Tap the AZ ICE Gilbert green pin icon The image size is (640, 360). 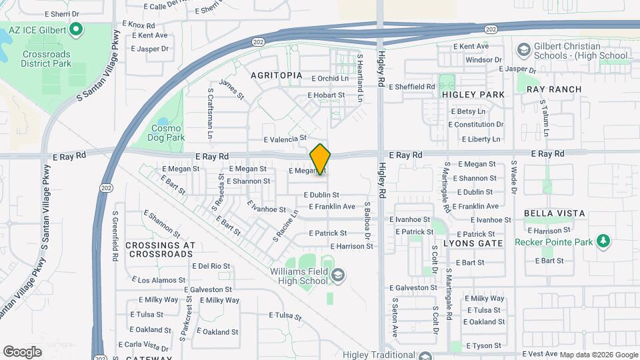tap(76, 30)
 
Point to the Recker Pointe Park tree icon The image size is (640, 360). tap(604, 240)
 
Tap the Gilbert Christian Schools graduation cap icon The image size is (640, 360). tap(524, 51)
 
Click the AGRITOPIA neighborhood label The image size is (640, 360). tap(276, 76)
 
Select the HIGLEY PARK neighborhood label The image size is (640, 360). tap(473, 95)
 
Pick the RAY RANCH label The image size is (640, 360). tap(554, 89)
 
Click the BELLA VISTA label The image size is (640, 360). tap(555, 213)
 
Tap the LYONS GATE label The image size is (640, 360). tap(473, 243)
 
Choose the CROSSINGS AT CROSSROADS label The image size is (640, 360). tap(160, 249)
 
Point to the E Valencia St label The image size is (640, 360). tap(285, 139)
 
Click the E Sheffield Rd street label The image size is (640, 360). tap(411, 87)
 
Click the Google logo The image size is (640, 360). tap(22, 351)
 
